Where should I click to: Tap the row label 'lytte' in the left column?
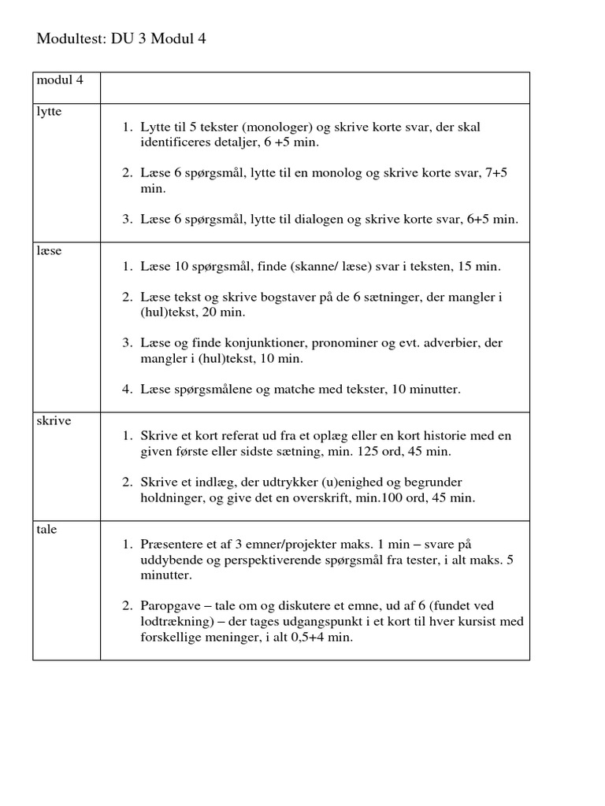point(49,112)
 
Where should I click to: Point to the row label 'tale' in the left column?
point(46,530)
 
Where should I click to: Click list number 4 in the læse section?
point(127,389)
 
